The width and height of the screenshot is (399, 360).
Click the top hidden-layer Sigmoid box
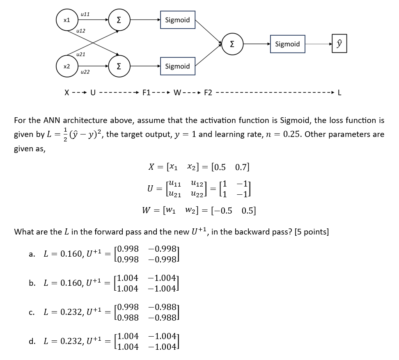click(x=177, y=20)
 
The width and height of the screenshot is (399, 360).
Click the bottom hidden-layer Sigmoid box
click(x=177, y=66)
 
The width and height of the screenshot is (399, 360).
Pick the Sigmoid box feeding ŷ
click(x=287, y=44)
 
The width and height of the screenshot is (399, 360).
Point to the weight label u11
click(x=85, y=14)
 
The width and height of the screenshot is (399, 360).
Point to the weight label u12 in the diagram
click(x=81, y=31)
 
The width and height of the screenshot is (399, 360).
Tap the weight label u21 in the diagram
click(x=81, y=54)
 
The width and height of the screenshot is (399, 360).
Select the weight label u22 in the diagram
click(x=85, y=72)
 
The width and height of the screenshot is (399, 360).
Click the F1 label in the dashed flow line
click(x=147, y=93)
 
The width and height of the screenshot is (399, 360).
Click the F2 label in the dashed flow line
click(x=208, y=93)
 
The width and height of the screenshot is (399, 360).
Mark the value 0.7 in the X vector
click(x=242, y=167)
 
